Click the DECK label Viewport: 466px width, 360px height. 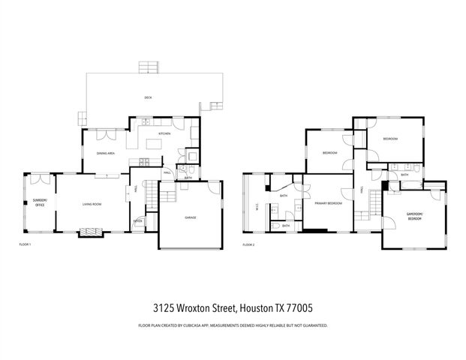[148, 97]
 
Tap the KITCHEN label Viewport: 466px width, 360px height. [164, 133]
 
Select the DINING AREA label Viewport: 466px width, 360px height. [105, 153]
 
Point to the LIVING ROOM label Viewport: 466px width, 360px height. [92, 203]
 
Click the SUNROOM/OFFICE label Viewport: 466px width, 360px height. [38, 202]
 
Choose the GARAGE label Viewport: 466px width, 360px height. [191, 217]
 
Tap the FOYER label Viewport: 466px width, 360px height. [138, 221]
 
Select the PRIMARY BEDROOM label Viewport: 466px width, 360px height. [328, 203]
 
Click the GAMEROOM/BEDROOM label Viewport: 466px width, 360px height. [415, 216]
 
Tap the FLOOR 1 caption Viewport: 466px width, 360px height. [25, 244]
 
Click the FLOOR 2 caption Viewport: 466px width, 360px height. [249, 244]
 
